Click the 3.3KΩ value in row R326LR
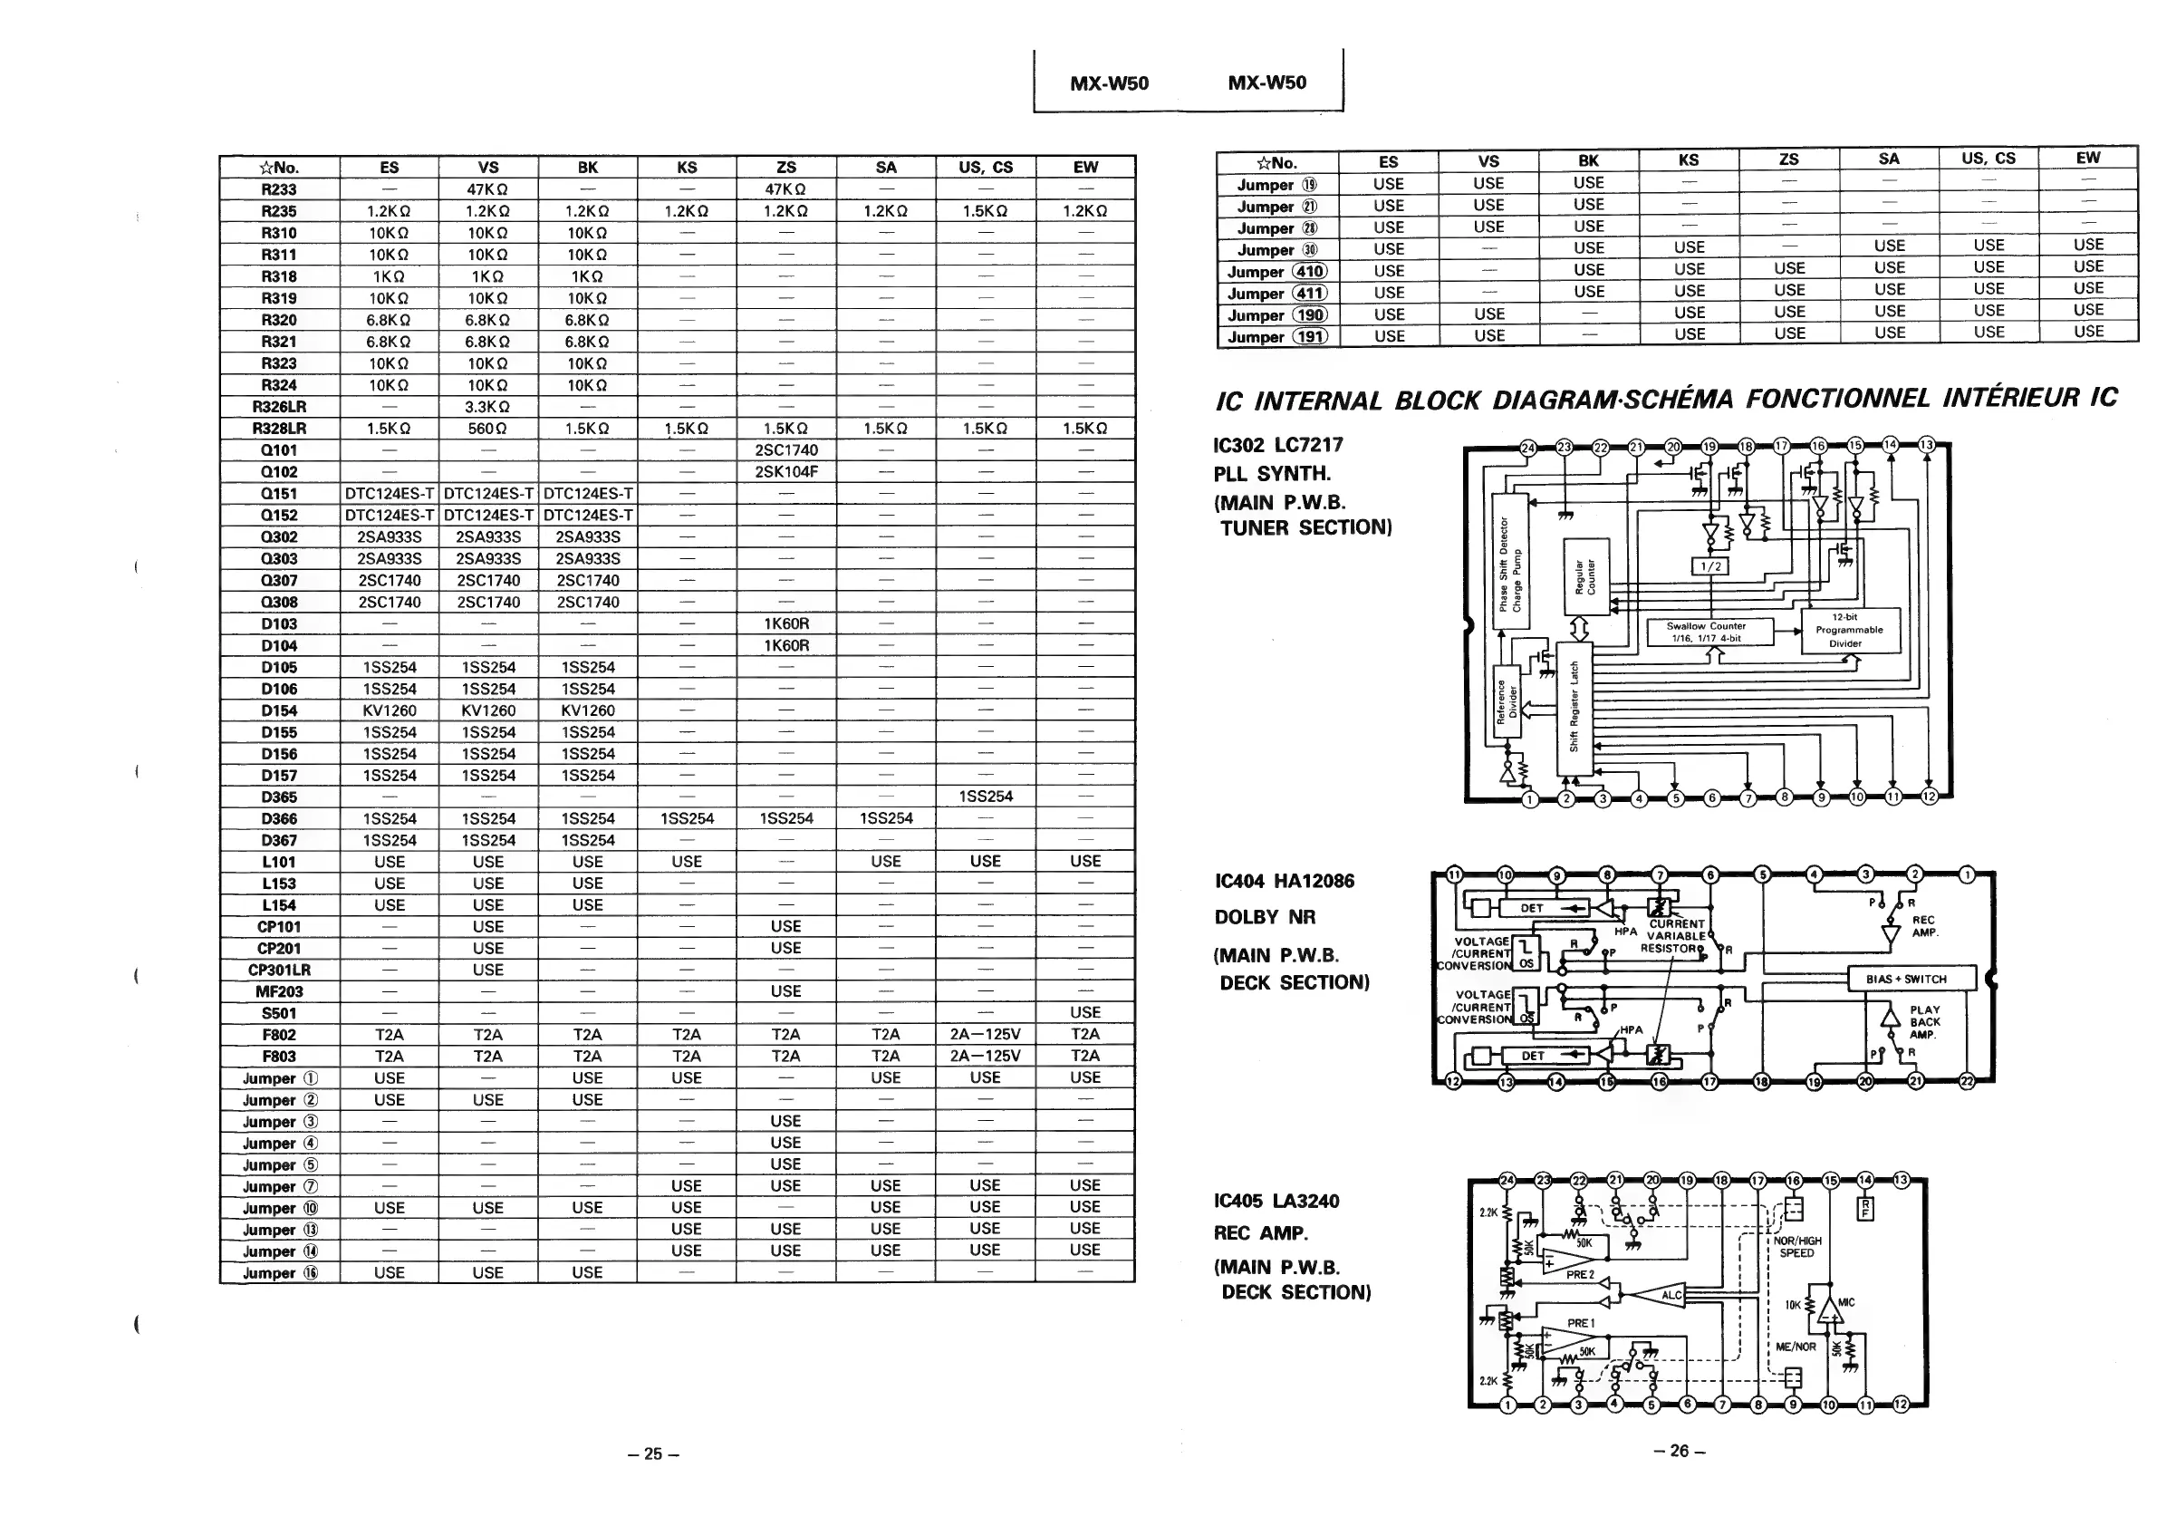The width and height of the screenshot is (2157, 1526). pos(487,407)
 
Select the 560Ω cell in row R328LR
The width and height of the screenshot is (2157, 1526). pos(487,429)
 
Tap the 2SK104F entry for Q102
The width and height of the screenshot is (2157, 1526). pos(786,472)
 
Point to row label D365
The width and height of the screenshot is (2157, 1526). pos(279,797)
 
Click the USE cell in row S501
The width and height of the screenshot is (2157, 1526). pos(1085,1012)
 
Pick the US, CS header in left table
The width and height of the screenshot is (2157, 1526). pos(986,168)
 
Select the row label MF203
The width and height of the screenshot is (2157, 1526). pos(279,991)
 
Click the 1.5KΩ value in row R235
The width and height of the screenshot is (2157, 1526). pos(986,211)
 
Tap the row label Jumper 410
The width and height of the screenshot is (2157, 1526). pos(1277,272)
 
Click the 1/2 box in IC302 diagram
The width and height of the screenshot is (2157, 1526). pos(1710,566)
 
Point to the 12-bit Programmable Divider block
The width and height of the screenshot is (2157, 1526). pos(1849,631)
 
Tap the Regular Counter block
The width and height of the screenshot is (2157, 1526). pos(1585,578)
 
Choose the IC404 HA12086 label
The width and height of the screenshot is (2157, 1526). pos(1285,882)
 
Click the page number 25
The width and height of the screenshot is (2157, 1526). pos(653,1454)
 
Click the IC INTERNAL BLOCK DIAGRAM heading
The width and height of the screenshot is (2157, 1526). pos(1665,400)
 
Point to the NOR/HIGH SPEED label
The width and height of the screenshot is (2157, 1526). pos(1797,1247)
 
